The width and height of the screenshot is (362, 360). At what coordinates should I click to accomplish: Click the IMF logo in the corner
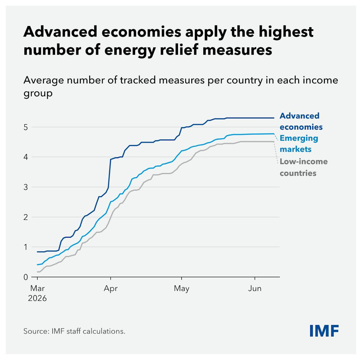click(324, 331)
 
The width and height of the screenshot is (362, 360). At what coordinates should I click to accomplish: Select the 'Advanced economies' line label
click(301, 121)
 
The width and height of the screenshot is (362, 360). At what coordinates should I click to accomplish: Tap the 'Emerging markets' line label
click(299, 144)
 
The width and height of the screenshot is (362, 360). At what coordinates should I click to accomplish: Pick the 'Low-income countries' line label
click(303, 167)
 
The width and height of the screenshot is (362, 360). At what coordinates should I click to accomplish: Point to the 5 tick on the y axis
click(26, 127)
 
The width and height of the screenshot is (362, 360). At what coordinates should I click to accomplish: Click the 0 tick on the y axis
click(26, 277)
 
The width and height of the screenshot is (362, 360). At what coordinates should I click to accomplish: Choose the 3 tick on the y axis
click(26, 187)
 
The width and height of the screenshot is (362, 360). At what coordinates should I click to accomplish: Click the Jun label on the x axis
click(255, 288)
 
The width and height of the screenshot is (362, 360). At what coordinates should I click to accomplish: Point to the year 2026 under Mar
click(37, 298)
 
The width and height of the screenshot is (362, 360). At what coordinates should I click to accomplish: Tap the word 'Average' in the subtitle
click(43, 80)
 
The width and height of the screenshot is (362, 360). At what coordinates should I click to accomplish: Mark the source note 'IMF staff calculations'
click(88, 331)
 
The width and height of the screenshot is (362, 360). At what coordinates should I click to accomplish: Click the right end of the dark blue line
click(274, 118)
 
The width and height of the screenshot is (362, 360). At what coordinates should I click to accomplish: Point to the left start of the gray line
click(37, 272)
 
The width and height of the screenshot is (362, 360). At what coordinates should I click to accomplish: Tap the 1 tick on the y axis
click(26, 247)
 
